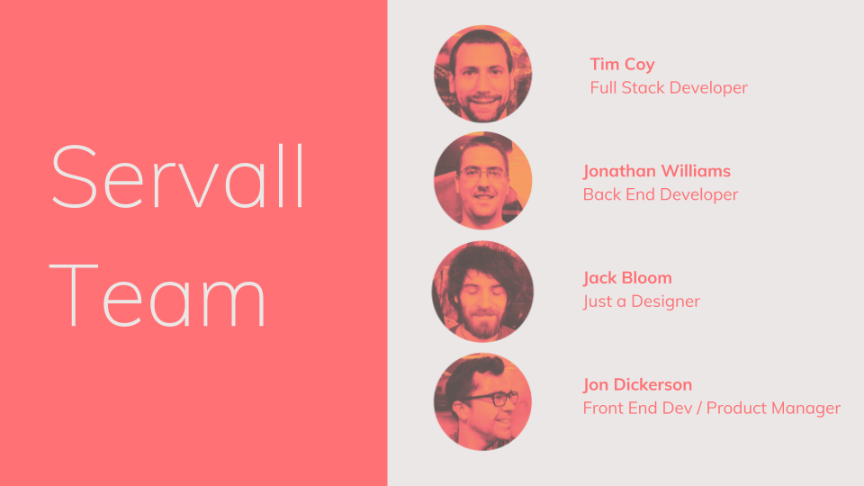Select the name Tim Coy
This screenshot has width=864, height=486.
pos(622,65)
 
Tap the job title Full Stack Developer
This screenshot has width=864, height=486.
pos(669,88)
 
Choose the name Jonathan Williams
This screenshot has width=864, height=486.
pos(656,171)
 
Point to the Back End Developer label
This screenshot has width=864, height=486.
pos(660,194)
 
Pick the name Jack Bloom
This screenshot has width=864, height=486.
pos(627,278)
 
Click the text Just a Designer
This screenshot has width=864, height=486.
pos(641,301)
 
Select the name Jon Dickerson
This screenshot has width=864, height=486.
pos(637,385)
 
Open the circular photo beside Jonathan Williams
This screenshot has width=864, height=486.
pos(482,181)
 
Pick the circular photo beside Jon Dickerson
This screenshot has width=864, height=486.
pos(482,401)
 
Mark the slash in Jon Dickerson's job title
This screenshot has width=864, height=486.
pos(699,409)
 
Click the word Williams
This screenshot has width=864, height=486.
pos(696,171)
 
